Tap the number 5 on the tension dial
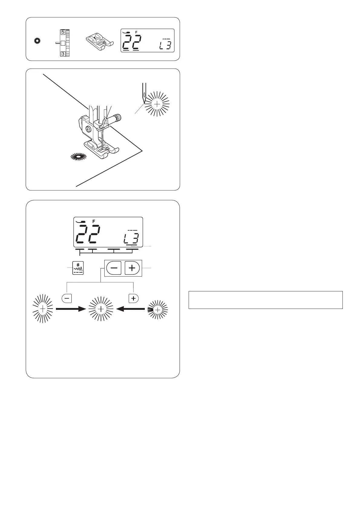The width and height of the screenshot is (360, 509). (x=63, y=32)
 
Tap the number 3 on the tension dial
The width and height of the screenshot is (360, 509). (x=63, y=54)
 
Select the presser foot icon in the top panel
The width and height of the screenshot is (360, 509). (x=99, y=41)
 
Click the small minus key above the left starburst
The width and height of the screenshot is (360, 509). (x=66, y=298)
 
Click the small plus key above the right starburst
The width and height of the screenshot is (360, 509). (x=133, y=298)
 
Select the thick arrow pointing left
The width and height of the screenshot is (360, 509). (x=131, y=309)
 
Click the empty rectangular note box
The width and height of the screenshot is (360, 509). (x=265, y=300)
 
